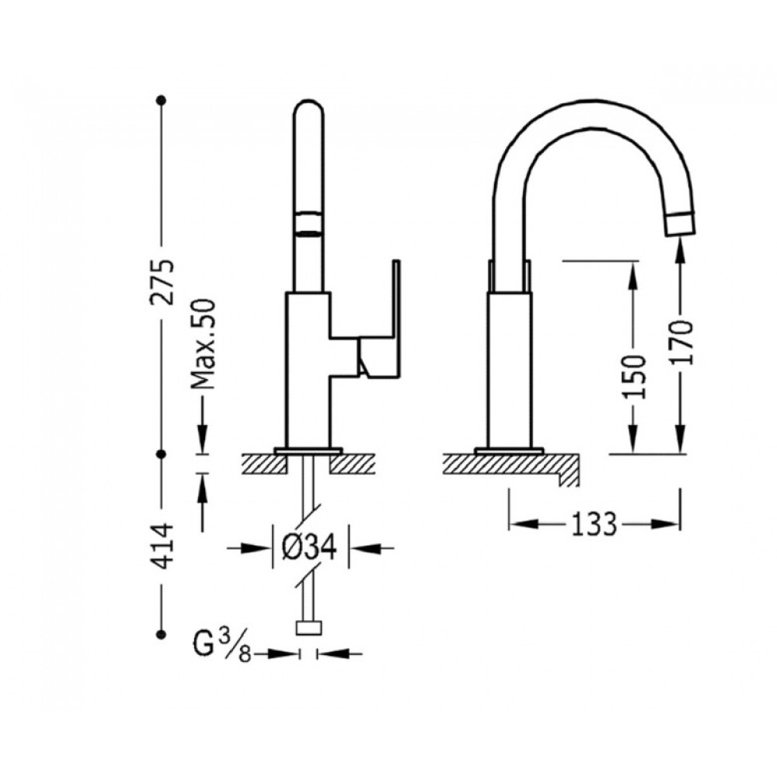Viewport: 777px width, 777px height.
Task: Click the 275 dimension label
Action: [x=163, y=281]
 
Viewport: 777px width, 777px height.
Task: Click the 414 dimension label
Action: [x=163, y=545]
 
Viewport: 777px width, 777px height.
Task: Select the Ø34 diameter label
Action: [x=309, y=548]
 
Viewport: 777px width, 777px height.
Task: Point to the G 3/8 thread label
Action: [x=222, y=645]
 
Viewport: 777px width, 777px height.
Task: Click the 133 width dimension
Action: [x=594, y=524]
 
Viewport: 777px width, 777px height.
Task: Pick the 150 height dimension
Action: [x=634, y=370]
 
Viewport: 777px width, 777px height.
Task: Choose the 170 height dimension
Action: [x=681, y=342]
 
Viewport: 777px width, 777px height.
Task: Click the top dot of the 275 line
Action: [x=161, y=100]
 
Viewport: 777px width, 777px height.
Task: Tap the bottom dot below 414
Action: [x=161, y=634]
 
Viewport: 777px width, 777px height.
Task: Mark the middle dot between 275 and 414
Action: [x=161, y=454]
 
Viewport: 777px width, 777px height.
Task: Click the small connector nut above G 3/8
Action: [x=308, y=629]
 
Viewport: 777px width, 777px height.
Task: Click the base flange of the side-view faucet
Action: [x=510, y=451]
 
